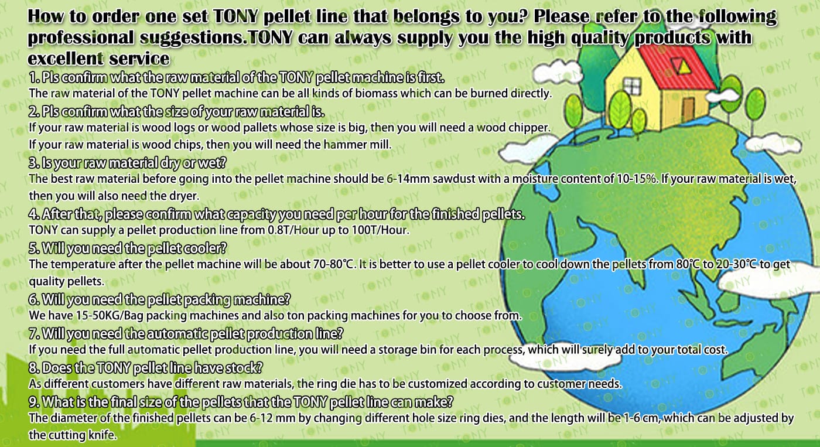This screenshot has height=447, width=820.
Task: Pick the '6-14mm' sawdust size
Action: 408,179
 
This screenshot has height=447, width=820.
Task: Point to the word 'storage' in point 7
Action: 399,350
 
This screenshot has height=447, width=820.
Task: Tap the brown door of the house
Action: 688,110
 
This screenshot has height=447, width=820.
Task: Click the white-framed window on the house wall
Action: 632,86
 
